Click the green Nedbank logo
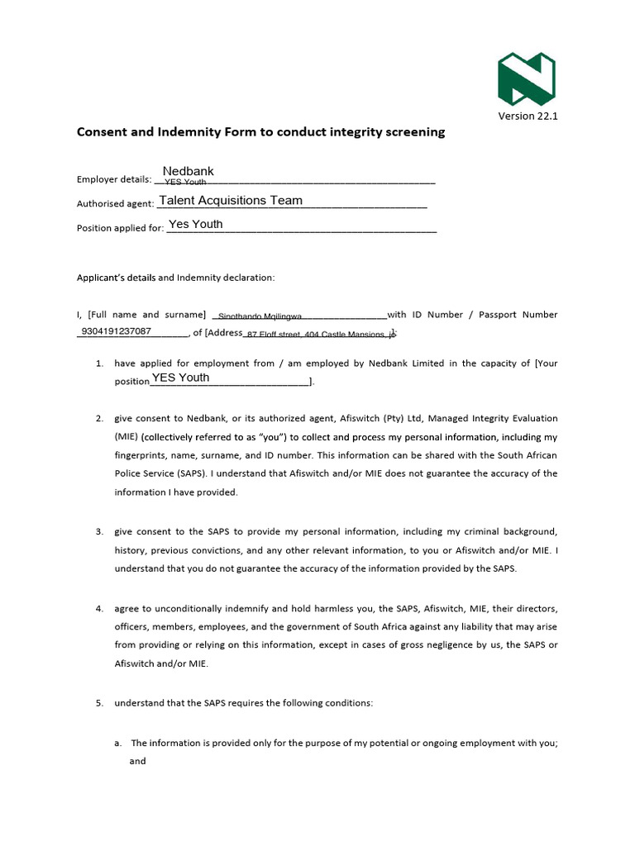[526, 78]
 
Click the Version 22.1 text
[528, 116]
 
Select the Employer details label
[114, 179]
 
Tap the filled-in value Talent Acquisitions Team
[231, 200]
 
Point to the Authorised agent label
[115, 204]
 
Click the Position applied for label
[120, 228]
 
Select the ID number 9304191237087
[117, 331]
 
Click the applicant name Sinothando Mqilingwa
[260, 316]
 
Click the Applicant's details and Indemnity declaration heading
[175, 278]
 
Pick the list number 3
[98, 530]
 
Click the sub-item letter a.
[118, 743]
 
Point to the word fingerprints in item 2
[138, 455]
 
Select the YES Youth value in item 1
[180, 378]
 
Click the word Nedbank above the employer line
[188, 171]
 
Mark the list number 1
[98, 364]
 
